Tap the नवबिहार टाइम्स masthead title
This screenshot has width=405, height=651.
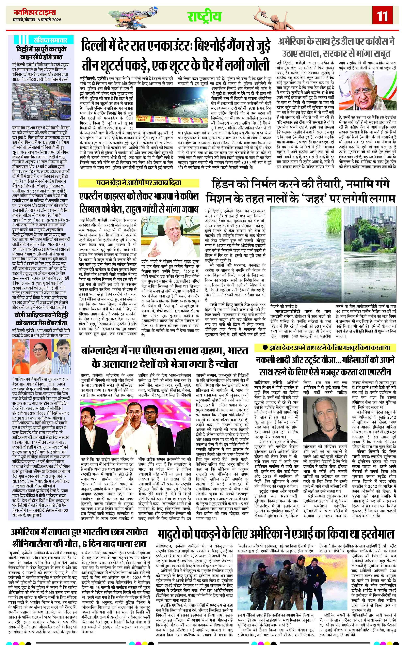(x=35, y=12)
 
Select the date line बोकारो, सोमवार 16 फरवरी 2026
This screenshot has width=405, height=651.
(x=37, y=20)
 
